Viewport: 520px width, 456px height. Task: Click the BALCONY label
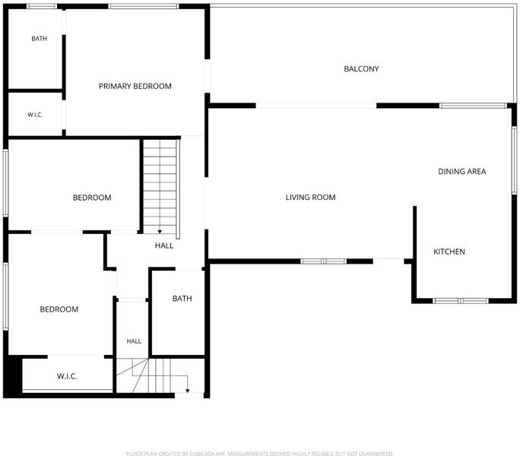[361, 69]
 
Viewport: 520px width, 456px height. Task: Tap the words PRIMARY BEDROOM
[135, 86]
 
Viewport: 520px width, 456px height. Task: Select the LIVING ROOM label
[310, 198]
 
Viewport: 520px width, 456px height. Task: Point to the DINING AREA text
[462, 172]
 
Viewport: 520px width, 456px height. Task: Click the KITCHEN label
[449, 252]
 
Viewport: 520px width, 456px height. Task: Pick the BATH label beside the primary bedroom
[39, 39]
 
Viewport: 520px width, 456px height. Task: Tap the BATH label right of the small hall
[182, 299]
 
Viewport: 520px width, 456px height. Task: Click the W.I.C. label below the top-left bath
[35, 115]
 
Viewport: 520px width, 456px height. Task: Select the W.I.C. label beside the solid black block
[67, 376]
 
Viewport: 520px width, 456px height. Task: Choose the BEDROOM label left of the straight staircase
[92, 198]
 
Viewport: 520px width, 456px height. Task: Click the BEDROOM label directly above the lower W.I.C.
[59, 309]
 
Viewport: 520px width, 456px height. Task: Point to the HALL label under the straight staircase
[164, 245]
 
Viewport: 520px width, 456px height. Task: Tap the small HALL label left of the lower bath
[134, 341]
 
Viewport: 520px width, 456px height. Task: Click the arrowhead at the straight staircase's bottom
[160, 232]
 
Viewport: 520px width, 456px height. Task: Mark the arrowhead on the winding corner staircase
[187, 391]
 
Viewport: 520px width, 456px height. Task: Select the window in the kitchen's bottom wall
[461, 301]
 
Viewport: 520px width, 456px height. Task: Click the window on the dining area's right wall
[514, 160]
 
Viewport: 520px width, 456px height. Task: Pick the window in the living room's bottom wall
[324, 261]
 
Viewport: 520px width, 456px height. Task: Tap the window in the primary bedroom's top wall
[143, 6]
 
